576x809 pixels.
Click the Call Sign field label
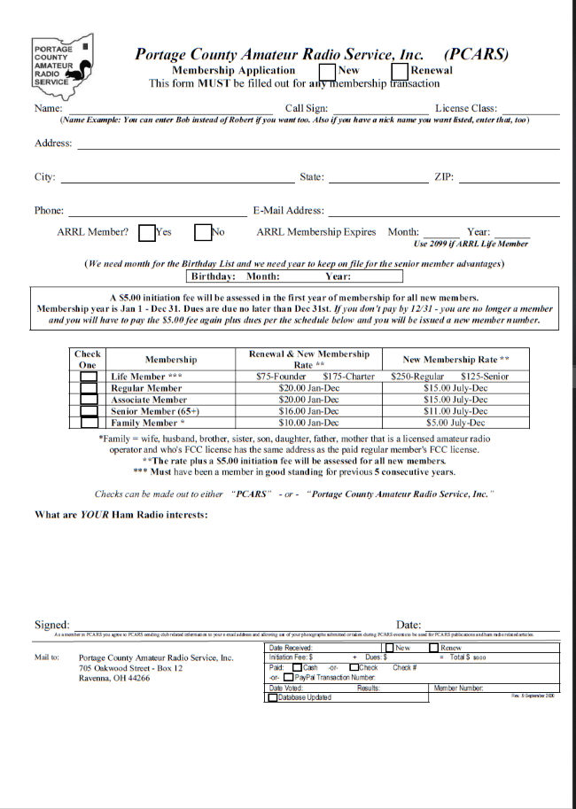point(307,108)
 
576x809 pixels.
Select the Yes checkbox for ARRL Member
point(147,232)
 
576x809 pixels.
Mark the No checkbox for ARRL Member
point(202,232)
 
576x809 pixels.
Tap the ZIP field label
point(444,177)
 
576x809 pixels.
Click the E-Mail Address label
point(289,211)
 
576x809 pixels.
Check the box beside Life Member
point(89,377)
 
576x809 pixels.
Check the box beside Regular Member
point(89,388)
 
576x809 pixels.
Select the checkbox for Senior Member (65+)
point(89,411)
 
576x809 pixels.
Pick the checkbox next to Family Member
point(89,423)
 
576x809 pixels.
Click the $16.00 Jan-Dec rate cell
point(308,411)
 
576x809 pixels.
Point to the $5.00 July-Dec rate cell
point(455,423)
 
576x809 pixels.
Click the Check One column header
point(88,360)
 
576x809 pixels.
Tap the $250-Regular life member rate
point(417,377)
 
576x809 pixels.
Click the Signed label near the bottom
point(51,625)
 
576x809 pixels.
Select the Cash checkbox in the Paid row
point(297,667)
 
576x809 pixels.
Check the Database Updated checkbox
point(272,697)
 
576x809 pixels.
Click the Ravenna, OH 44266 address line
point(114,678)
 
